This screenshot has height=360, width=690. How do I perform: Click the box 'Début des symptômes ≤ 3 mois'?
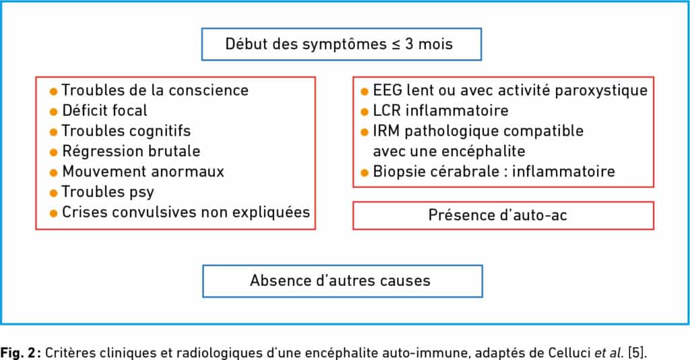pyautogui.click(x=342, y=44)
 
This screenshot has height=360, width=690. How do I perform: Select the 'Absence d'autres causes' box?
pyautogui.click(x=342, y=280)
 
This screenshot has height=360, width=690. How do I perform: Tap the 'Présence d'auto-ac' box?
pyautogui.click(x=503, y=215)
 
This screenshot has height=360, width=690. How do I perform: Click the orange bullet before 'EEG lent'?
pyautogui.click(x=365, y=92)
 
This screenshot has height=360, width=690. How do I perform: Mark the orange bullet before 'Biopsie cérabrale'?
pyautogui.click(x=365, y=173)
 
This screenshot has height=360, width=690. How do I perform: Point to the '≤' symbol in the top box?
pyautogui.click(x=396, y=44)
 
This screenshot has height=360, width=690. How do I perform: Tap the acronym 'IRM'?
pyautogui.click(x=386, y=131)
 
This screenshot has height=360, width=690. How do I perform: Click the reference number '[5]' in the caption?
pyautogui.click(x=636, y=353)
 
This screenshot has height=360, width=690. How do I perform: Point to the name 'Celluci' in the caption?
pyautogui.click(x=569, y=353)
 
